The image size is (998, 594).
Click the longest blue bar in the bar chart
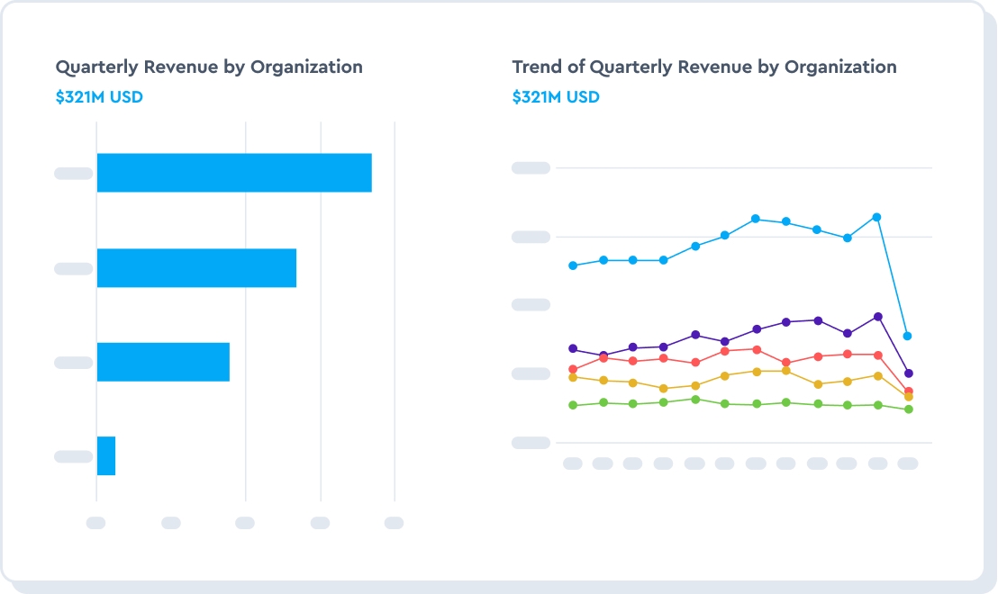click(234, 173)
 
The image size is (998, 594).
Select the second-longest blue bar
click(196, 268)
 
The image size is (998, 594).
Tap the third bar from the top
click(163, 362)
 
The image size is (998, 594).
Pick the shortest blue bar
click(106, 455)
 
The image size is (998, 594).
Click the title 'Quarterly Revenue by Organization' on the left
click(209, 67)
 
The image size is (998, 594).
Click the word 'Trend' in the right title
click(537, 67)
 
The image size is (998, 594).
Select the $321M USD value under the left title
click(99, 97)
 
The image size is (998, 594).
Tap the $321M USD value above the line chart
click(556, 97)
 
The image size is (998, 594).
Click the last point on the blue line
click(908, 336)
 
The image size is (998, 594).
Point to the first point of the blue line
click(573, 265)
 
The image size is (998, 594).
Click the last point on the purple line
click(908, 373)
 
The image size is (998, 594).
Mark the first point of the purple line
click(573, 348)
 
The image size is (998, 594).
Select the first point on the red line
click(573, 369)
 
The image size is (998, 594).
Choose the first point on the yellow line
click(573, 377)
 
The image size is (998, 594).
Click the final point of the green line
click(908, 409)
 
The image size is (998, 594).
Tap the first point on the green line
click(573, 405)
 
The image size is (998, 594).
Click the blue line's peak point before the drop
click(876, 217)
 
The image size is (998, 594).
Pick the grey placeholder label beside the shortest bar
click(73, 456)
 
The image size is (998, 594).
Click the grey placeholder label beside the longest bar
click(73, 173)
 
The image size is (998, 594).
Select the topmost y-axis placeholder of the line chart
click(531, 167)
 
